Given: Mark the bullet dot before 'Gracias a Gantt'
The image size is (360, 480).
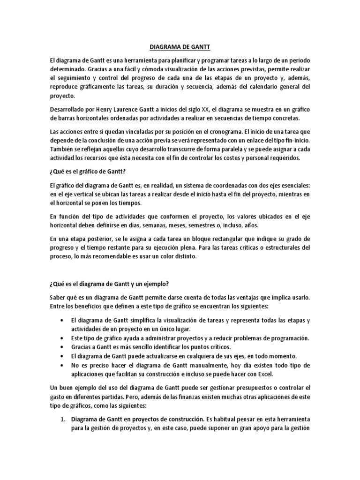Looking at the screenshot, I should click(63, 347).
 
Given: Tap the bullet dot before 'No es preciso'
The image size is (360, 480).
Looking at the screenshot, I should click(63, 366).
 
